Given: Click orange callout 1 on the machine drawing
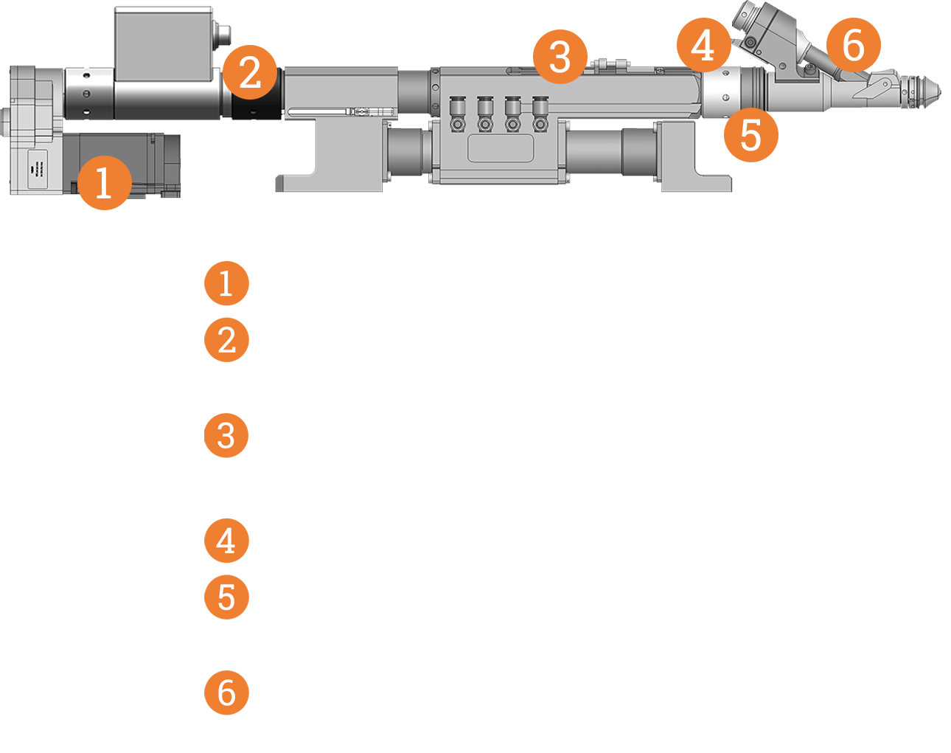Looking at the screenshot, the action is [x=105, y=184].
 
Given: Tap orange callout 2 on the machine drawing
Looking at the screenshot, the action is [x=251, y=73].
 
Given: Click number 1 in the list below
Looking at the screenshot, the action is [x=228, y=284].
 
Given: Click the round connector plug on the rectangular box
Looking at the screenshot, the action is [x=223, y=35].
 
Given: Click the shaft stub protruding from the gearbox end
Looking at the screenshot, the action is [x=6, y=122].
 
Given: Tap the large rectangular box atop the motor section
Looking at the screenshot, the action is [x=164, y=44].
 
